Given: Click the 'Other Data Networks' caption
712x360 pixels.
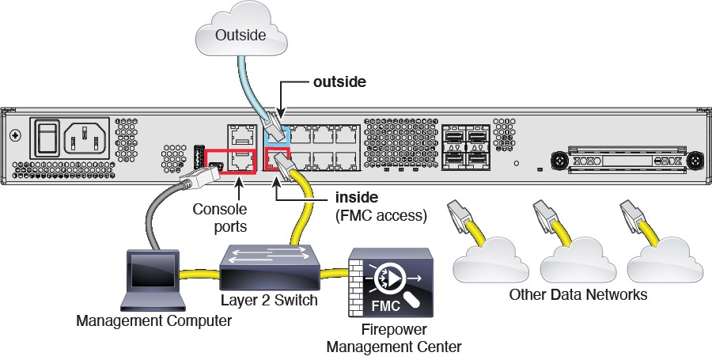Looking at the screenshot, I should point(578,295).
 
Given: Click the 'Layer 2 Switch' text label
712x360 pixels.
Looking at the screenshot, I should point(269,301).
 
